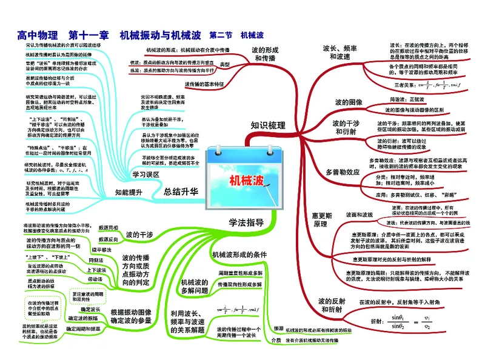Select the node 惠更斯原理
click(323, 219)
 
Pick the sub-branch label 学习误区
click(145, 174)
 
